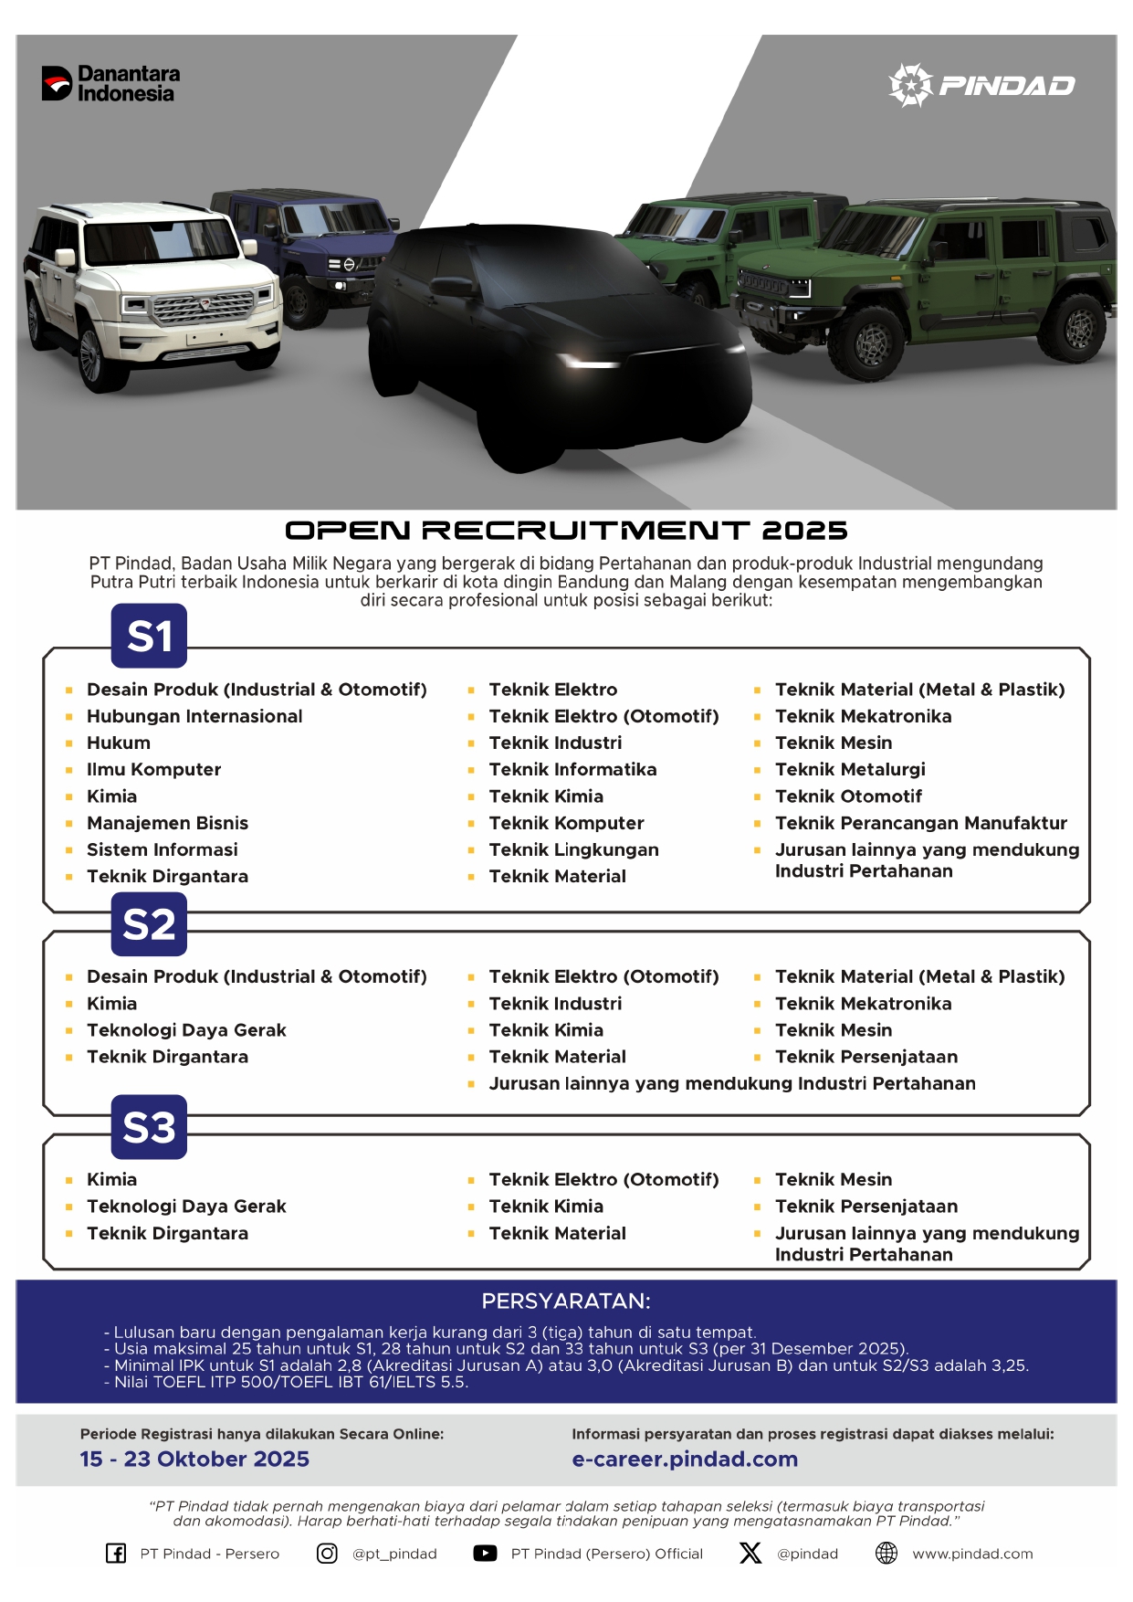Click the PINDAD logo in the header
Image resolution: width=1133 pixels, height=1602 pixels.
(x=981, y=85)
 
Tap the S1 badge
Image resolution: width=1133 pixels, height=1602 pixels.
(x=149, y=636)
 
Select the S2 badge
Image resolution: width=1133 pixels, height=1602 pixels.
(x=149, y=924)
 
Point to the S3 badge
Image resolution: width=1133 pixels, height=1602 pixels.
(x=149, y=1127)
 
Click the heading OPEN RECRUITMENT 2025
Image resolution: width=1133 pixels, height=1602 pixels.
(x=566, y=530)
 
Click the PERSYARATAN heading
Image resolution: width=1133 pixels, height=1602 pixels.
(x=566, y=1301)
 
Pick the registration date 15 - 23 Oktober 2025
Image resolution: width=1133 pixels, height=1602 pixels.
(x=194, y=1459)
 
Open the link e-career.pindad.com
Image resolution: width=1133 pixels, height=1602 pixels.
(x=685, y=1459)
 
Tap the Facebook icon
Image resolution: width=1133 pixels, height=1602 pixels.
(x=116, y=1553)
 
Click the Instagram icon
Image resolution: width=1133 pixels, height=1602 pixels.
(x=327, y=1553)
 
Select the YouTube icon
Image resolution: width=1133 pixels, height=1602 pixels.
(x=485, y=1553)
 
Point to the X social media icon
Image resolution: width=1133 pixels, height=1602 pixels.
(x=750, y=1553)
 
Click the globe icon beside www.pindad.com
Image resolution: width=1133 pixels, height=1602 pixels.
(x=886, y=1553)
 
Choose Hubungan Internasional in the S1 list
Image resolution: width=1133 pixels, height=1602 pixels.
(x=194, y=716)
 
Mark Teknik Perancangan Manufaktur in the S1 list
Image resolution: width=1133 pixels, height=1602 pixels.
(x=920, y=823)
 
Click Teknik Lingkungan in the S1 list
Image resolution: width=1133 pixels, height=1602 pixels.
(x=573, y=849)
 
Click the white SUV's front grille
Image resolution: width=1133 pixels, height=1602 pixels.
(x=203, y=308)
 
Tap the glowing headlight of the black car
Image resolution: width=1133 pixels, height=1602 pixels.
(x=589, y=364)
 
